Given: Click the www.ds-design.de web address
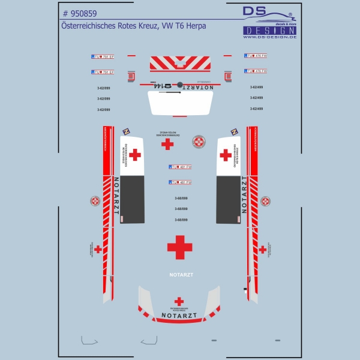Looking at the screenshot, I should pos(269,37).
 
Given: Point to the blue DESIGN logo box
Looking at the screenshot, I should pos(269,30).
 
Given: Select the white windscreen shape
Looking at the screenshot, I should pos(179,103).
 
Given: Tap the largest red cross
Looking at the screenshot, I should pos(179,247).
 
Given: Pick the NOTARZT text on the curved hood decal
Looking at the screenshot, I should pos(179,314).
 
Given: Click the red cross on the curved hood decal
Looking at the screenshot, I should pos(179,301).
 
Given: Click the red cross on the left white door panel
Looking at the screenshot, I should pos(135,155).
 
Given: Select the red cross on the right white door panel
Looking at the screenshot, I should pos(226,155).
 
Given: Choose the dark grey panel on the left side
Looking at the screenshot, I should pos(133,200).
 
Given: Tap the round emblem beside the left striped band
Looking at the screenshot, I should pos(95,200).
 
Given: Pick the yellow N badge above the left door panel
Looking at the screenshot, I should pos(126,131).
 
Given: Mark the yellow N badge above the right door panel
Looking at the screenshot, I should pos(235,131).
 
